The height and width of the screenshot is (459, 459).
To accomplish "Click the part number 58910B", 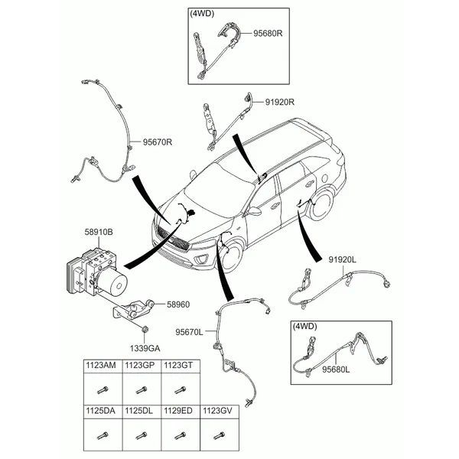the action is click(99, 232).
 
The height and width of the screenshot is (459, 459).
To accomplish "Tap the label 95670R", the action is click(158, 142).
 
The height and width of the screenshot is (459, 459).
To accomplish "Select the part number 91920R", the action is click(280, 103).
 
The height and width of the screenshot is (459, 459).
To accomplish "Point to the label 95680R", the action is click(268, 34).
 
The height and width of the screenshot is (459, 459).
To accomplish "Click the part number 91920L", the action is click(342, 259).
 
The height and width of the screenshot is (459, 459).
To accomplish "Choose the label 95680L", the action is click(336, 369).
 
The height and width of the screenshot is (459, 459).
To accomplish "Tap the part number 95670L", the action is click(189, 332).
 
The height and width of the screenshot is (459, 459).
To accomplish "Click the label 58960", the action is click(178, 304).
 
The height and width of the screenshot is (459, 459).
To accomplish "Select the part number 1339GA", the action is click(145, 349).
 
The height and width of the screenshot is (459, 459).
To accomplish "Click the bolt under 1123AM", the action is click(103, 390).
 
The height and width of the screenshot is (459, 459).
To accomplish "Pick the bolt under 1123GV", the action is click(219, 436).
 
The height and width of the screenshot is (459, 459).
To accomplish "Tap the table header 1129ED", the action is click(178, 411).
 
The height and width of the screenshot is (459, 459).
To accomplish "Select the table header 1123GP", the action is click(140, 366).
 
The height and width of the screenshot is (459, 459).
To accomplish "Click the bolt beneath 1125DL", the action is click(142, 436).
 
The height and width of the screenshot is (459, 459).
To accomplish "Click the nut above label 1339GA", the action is click(145, 329).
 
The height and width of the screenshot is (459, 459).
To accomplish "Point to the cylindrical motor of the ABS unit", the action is click(112, 281).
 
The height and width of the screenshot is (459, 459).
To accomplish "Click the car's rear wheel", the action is click(321, 204).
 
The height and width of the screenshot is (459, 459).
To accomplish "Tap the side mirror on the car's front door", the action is click(254, 211).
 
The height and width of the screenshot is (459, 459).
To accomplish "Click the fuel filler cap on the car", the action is click(324, 177).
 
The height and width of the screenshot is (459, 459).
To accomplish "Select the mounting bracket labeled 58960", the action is click(133, 311).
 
